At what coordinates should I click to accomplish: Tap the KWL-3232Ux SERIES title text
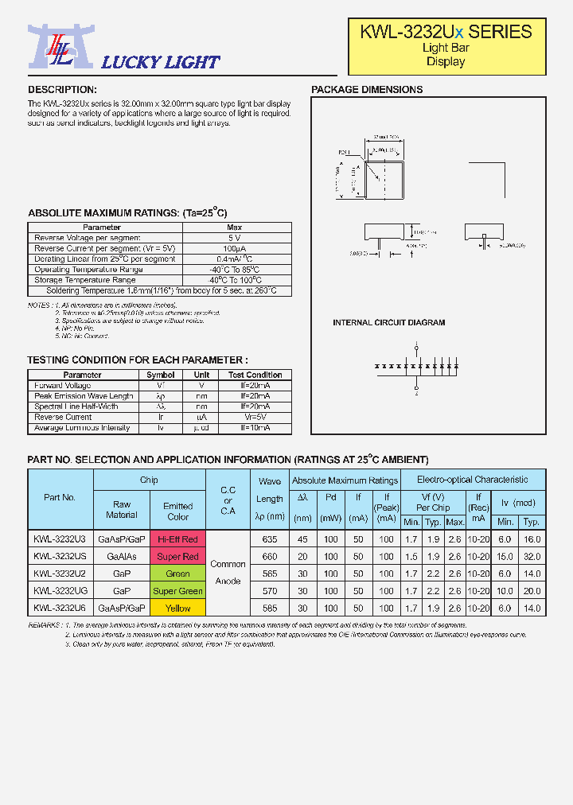[x=446, y=32]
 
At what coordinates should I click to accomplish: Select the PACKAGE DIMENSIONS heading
[x=367, y=90]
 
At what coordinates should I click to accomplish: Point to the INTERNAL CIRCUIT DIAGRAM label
[x=388, y=323]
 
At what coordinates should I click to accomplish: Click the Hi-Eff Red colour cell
[x=177, y=539]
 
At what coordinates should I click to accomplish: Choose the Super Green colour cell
[x=177, y=591]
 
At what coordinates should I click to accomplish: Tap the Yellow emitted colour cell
[x=177, y=609]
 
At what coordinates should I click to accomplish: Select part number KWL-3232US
[x=60, y=557]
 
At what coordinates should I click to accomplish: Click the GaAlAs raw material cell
[x=122, y=557]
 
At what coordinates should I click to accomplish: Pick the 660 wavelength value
[x=270, y=557]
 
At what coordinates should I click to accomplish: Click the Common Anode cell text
[x=228, y=573]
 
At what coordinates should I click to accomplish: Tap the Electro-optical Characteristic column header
[x=473, y=480]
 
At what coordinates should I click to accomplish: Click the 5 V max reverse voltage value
[x=234, y=238]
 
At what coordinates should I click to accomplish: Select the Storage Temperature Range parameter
[x=84, y=280]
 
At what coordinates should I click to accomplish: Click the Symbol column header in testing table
[x=161, y=375]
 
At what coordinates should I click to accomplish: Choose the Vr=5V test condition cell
[x=255, y=417]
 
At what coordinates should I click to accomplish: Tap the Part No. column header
[x=60, y=498]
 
